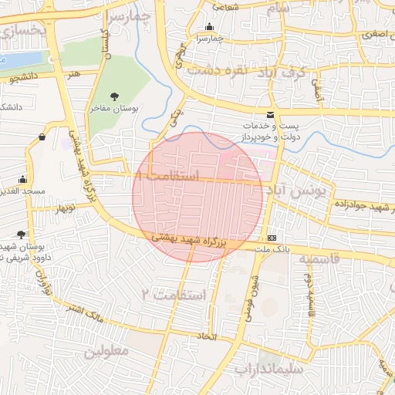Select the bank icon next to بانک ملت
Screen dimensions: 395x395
point(272,238)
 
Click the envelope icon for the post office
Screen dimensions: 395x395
point(269,115)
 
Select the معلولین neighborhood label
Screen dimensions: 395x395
point(104,353)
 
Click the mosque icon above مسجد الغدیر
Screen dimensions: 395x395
point(23,179)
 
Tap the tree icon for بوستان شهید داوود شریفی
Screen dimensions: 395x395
point(21,235)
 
